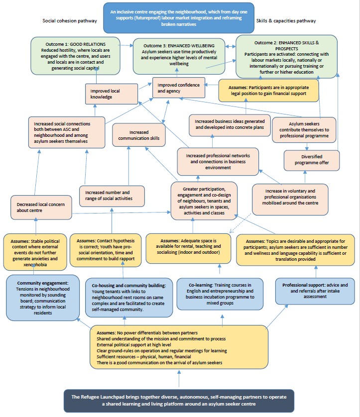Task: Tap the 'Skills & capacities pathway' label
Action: (285, 21)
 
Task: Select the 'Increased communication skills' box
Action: (136, 135)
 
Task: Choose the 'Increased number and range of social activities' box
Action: (112, 196)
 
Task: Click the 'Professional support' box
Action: (315, 289)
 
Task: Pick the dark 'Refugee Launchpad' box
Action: (178, 401)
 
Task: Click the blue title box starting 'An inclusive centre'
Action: (178, 17)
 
